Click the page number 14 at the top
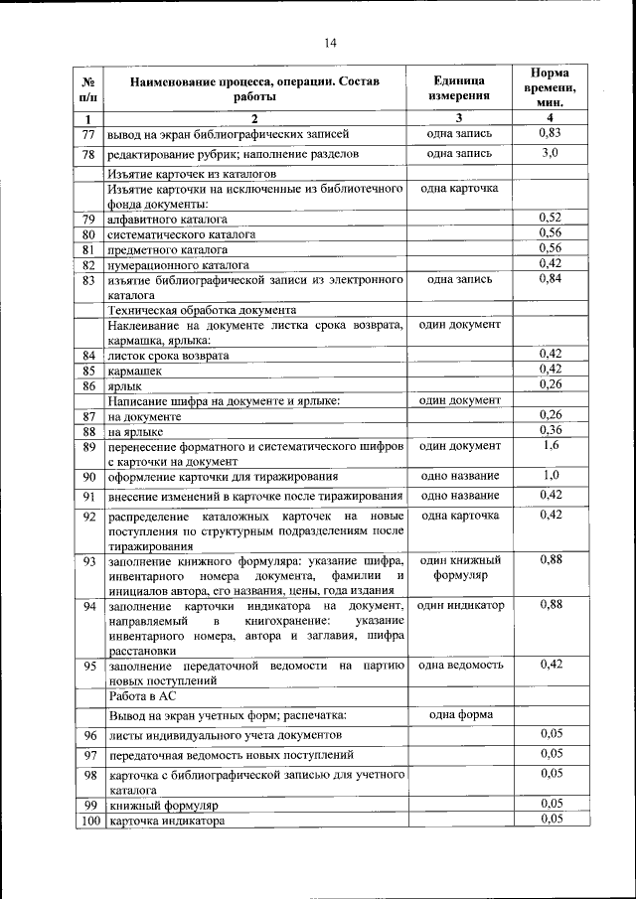point(330,42)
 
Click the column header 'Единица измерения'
point(459,88)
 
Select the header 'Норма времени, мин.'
point(551,87)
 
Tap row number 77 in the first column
point(88,134)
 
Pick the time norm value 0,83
point(551,133)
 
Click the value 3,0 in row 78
point(551,153)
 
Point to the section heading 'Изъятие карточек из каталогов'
point(192,173)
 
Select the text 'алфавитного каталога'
point(168,219)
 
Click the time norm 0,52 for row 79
point(551,218)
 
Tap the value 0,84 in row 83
point(551,279)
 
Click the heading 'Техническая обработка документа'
point(202,310)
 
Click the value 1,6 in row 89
point(551,446)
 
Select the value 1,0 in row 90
point(551,475)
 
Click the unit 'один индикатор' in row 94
point(459,605)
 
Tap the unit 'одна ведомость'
point(459,665)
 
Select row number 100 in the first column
point(88,821)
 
